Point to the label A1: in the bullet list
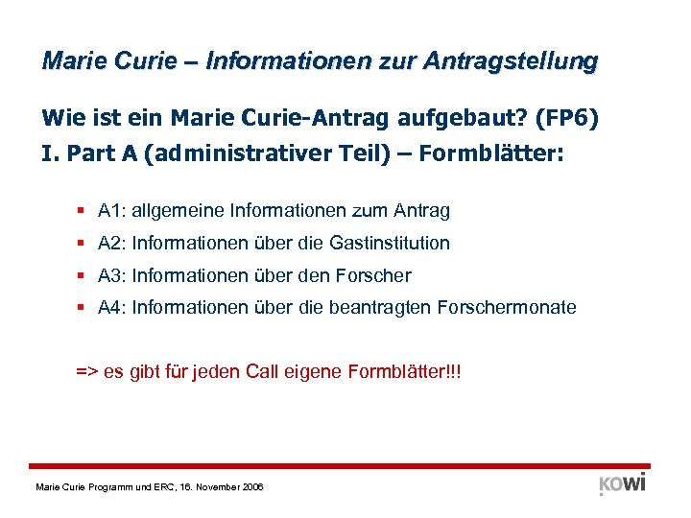112,210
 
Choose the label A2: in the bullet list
112,243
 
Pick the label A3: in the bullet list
112,275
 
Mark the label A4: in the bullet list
112,308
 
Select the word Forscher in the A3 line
373,275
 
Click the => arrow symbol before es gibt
85,371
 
